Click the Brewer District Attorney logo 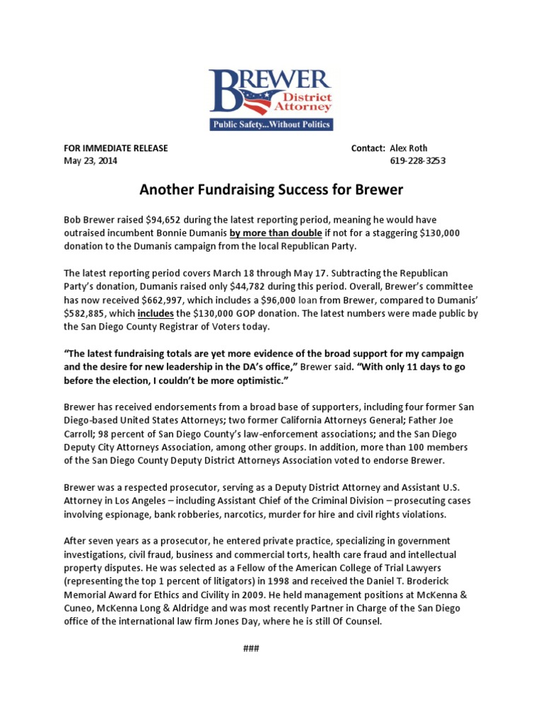coord(271,93)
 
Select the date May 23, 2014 coord(90,160)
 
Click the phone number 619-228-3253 coord(418,160)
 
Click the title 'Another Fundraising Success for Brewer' coord(271,190)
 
